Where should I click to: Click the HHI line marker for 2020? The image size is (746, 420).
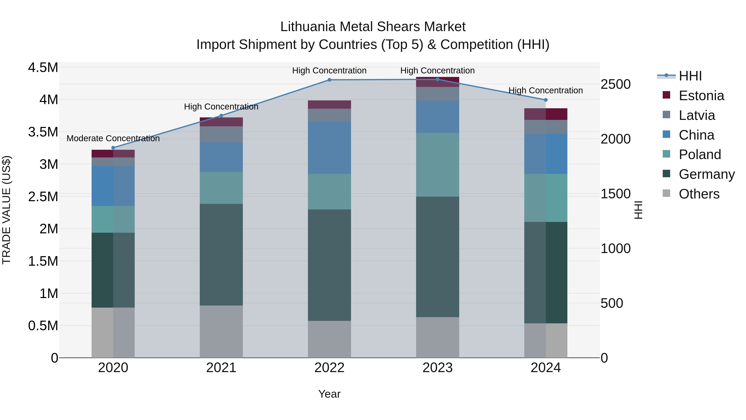point(113,148)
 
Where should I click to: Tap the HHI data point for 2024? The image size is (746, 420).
point(546,100)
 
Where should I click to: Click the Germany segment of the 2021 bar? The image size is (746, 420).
point(221,254)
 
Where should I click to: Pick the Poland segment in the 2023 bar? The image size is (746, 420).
point(438,165)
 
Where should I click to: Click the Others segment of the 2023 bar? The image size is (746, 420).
point(438,337)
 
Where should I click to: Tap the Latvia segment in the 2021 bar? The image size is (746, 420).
point(221,134)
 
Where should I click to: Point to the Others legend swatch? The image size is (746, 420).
point(666,193)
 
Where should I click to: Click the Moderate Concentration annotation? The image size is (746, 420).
point(113,139)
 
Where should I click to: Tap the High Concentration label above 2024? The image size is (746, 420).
point(546,90)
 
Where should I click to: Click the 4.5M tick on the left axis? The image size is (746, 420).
point(43,68)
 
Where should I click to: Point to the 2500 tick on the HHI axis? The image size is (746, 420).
point(615,84)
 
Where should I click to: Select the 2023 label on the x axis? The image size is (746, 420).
point(438,368)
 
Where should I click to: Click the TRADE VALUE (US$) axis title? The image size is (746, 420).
point(6,210)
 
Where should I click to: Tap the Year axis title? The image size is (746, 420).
point(329,394)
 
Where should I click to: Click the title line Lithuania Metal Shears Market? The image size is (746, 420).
point(373,27)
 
